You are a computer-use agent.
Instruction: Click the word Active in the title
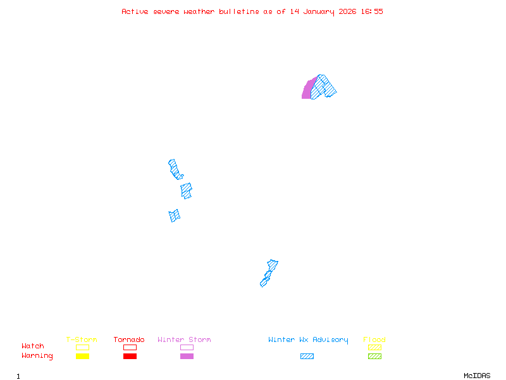click(135, 11)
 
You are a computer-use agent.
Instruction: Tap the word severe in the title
click(166, 11)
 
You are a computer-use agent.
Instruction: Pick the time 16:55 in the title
click(373, 11)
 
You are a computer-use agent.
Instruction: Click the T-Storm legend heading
click(82, 340)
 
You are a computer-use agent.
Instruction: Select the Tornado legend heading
click(129, 340)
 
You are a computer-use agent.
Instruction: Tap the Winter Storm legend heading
click(184, 340)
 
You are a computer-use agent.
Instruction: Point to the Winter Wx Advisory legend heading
click(308, 340)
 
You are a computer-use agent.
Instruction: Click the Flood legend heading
click(374, 340)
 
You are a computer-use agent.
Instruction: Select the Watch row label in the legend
click(33, 346)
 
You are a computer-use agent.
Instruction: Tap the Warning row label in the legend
click(37, 356)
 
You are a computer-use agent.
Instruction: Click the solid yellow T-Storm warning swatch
click(82, 357)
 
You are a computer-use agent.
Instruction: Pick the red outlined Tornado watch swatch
click(130, 347)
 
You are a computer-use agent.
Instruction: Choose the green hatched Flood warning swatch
click(374, 357)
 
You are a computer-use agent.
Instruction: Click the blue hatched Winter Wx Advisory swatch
click(307, 357)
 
